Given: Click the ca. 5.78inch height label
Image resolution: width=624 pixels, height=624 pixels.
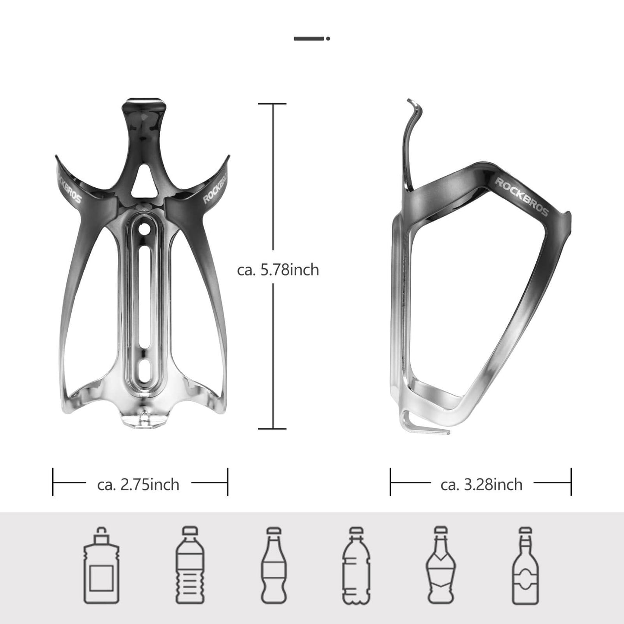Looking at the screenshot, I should [x=278, y=270].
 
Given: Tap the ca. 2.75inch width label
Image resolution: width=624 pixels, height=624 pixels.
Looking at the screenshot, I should [x=138, y=485].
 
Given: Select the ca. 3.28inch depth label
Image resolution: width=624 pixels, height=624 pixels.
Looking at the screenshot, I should [x=481, y=485].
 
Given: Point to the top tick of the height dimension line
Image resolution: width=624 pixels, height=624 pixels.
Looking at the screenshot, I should [x=272, y=104].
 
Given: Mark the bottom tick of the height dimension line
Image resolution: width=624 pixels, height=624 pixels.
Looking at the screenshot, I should [x=272, y=429].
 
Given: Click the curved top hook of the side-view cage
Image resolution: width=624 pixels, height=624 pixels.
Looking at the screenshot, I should [x=413, y=110].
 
